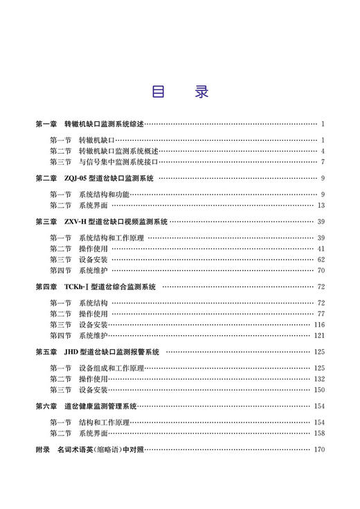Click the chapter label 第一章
click(46, 124)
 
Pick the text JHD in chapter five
click(71, 352)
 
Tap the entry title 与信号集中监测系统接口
click(118, 162)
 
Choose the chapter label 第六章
click(46, 406)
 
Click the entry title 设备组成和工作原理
click(111, 368)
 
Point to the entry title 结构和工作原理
click(104, 422)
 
